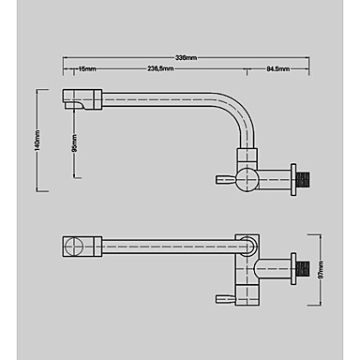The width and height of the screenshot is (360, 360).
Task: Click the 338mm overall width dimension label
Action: (186, 58)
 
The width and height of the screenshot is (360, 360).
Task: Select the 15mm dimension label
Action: (87, 69)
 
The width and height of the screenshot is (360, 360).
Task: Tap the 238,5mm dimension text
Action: (160, 69)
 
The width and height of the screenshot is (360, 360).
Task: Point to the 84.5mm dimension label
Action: (277, 69)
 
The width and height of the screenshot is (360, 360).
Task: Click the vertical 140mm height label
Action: (37, 141)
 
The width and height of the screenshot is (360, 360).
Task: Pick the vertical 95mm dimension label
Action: (74, 143)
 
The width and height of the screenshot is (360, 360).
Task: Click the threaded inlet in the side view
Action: (303, 180)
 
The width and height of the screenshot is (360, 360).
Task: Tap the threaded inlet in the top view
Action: (303, 269)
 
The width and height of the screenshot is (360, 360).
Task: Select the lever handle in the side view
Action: (225, 180)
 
